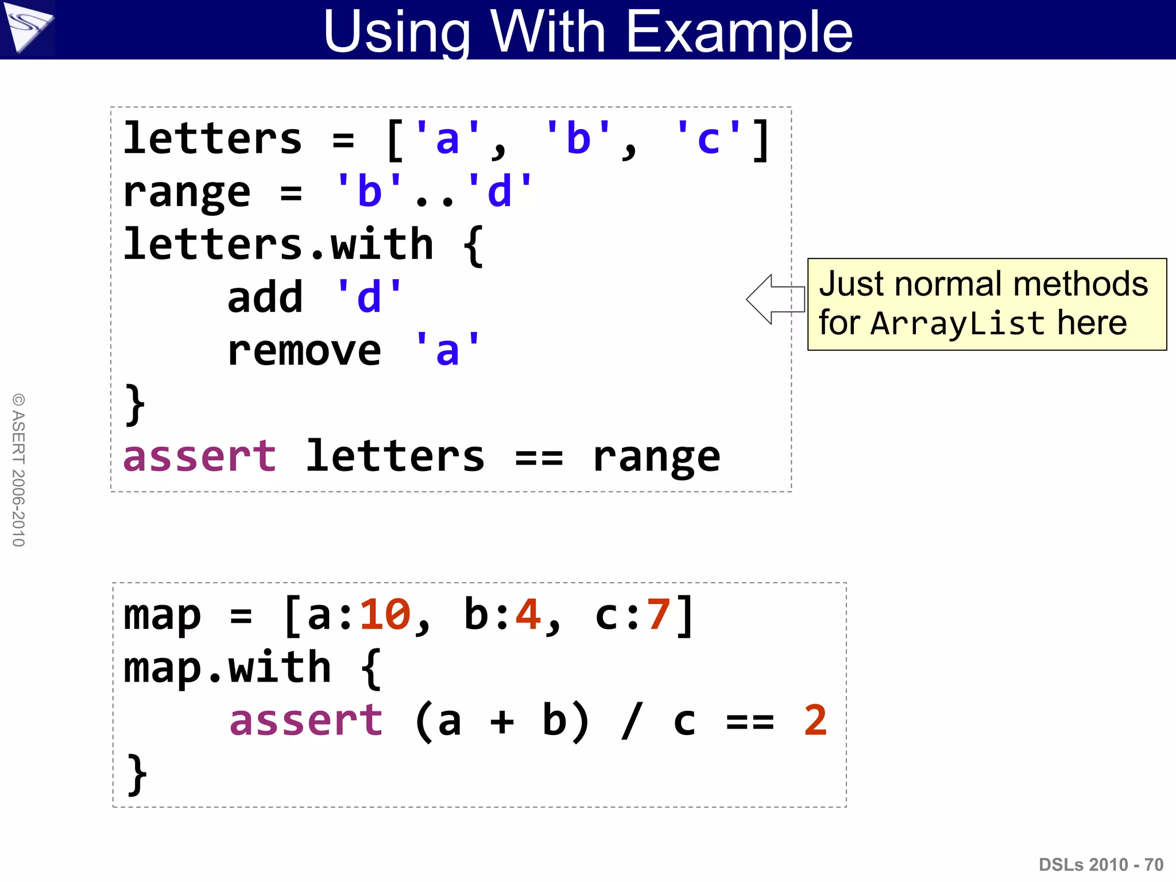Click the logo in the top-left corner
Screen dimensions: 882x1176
[28, 28]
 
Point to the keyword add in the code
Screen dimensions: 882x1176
[265, 297]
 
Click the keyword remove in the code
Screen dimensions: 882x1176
[304, 351]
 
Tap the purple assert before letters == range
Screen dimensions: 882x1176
[199, 457]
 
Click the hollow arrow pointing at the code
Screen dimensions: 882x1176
[775, 299]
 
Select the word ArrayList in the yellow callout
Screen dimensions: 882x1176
[957, 323]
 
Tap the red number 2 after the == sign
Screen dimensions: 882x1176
[815, 721]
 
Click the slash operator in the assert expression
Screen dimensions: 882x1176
[632, 721]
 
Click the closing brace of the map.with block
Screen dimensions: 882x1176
[137, 774]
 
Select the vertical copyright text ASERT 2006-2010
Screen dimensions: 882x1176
[18, 470]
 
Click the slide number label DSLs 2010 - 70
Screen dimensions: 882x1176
[1100, 864]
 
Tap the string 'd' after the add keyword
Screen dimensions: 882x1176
[369, 297]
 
